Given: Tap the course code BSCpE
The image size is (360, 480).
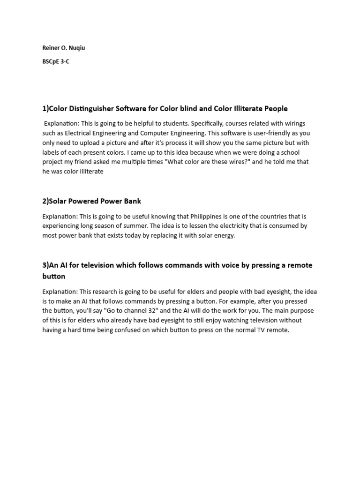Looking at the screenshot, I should coord(52,61).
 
